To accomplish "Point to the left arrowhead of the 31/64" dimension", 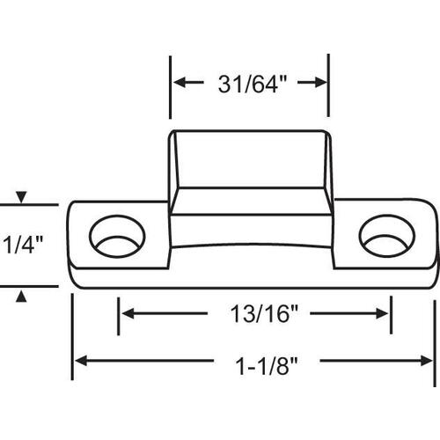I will (178, 84).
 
